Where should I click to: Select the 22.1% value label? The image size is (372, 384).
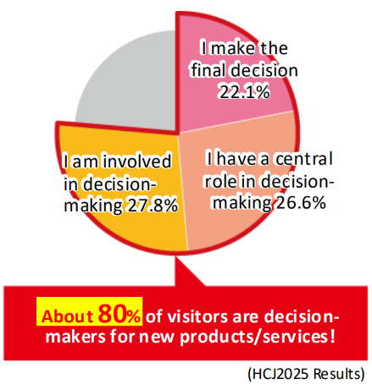coord(245,92)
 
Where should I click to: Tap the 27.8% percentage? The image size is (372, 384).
coord(153,206)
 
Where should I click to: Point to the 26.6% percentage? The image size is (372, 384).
coord(301,202)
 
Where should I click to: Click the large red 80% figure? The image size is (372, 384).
coord(119,314)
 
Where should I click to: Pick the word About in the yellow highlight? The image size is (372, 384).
coord(67,316)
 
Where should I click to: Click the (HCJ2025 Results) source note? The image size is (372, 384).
coord(306,374)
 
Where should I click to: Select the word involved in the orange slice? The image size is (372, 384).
coord(136,161)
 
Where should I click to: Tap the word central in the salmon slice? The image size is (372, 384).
coord(304,159)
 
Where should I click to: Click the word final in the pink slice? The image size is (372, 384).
coord(208,69)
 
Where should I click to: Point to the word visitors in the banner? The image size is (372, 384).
coord(197,316)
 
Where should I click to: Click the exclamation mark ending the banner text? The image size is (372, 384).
coord(333,336)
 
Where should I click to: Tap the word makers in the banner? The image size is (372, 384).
coord(75,337)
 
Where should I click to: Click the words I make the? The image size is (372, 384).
coord(244,48)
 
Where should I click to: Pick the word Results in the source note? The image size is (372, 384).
coord(339,374)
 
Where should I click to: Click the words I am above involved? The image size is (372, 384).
coord(81,162)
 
